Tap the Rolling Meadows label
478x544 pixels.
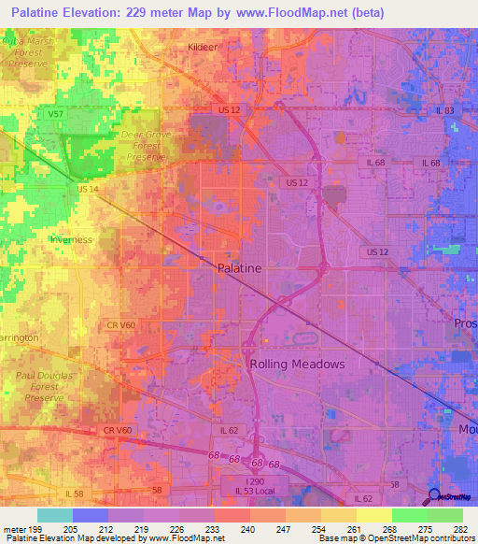(x=297, y=364)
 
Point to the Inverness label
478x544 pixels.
(x=72, y=239)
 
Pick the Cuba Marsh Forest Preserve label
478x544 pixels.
(x=30, y=57)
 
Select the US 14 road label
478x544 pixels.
(x=88, y=189)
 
